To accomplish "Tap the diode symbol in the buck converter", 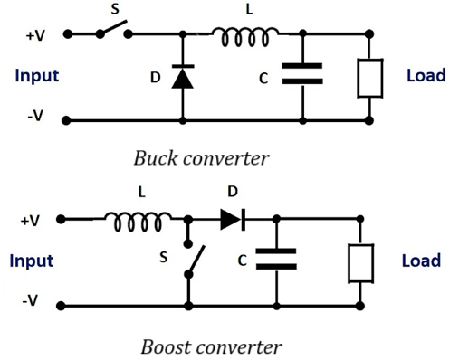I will (x=183, y=78).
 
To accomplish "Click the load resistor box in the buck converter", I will (x=370, y=78).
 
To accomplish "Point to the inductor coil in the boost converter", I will (x=138, y=219).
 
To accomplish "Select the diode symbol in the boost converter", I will (x=232, y=219).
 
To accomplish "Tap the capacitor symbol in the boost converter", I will (x=275, y=260).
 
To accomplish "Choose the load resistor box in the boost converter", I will (x=360, y=261).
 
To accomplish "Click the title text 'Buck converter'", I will (x=201, y=159).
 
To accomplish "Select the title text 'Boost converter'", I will (x=211, y=346).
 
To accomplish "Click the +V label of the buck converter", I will (x=34, y=35).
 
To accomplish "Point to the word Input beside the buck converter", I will (x=37, y=75).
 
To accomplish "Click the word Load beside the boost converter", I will (x=421, y=261).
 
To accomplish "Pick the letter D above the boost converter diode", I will (x=233, y=193).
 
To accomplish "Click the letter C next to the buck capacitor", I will (x=263, y=79).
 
